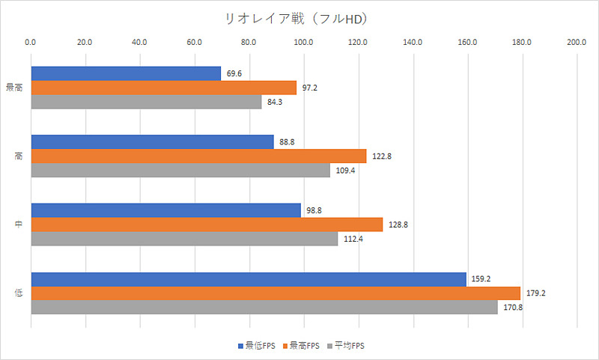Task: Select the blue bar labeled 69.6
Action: pyautogui.click(x=126, y=73)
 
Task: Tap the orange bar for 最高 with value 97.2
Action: pyautogui.click(x=163, y=88)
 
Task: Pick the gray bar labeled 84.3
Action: pyautogui.click(x=146, y=102)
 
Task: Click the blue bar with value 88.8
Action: pyautogui.click(x=152, y=141)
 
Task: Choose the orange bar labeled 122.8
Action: pyautogui.click(x=198, y=156)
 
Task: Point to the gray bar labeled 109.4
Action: pyautogui.click(x=180, y=170)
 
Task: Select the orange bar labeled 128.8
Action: pyautogui.click(x=207, y=225)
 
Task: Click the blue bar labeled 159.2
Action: pyautogui.click(x=249, y=278)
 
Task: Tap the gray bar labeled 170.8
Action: pyautogui.click(x=264, y=307)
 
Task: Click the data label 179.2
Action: pyautogui.click(x=535, y=293)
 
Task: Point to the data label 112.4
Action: pyautogui.click(x=353, y=239)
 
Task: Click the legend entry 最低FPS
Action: pyautogui.click(x=258, y=346)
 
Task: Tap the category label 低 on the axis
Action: pyautogui.click(x=18, y=293)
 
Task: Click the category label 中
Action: pyautogui.click(x=18, y=225)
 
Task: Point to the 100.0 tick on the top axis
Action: pyautogui.click(x=303, y=42)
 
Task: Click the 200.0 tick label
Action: pyautogui.click(x=577, y=42)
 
